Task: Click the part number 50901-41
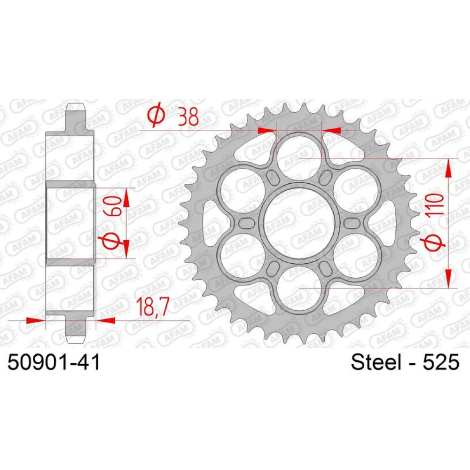coord(54,362)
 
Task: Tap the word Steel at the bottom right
coord(376,362)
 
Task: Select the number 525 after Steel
coord(441,362)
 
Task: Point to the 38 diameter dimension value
coord(188,117)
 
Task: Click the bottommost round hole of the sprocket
coord(299,288)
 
